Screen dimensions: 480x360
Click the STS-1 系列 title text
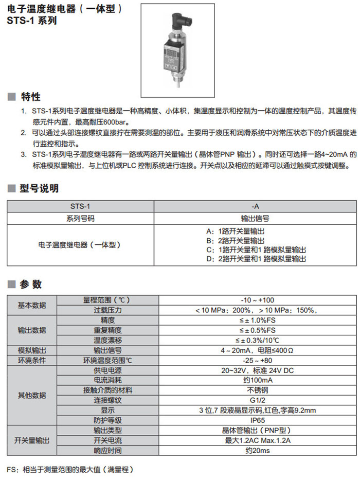(x=32, y=21)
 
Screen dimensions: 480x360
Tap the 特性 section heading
(x=30, y=97)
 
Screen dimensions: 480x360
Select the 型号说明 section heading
(x=39, y=188)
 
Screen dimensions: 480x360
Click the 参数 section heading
(x=30, y=285)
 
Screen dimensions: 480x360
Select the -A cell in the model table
(x=256, y=206)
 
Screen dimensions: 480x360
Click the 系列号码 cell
(x=80, y=218)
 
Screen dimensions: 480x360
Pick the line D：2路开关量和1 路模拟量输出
(x=256, y=259)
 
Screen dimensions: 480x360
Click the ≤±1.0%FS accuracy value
(x=257, y=320)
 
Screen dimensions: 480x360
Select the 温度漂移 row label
(x=107, y=340)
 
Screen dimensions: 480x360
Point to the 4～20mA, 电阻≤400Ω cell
(x=257, y=350)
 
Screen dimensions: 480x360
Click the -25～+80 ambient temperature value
(x=257, y=360)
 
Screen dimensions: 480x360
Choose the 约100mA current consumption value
(x=257, y=380)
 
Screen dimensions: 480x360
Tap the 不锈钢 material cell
(x=257, y=390)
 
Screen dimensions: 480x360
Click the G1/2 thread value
(x=257, y=400)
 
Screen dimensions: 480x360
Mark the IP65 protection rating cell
(x=257, y=420)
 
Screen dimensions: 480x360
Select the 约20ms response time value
(x=257, y=450)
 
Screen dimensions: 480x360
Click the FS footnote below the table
(x=70, y=469)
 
